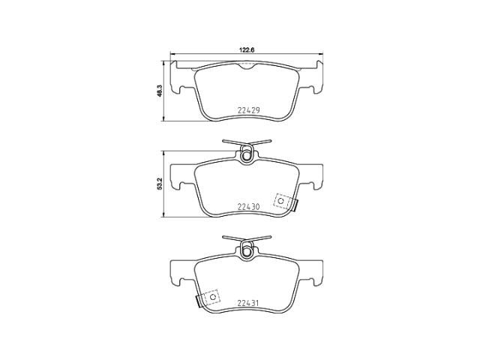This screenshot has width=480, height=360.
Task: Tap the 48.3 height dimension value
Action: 159,91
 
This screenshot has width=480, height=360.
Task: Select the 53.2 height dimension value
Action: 159,184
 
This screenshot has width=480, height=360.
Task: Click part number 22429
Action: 248,110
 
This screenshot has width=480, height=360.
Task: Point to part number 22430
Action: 248,207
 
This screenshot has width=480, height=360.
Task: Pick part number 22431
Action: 248,303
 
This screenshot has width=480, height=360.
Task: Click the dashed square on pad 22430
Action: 282,201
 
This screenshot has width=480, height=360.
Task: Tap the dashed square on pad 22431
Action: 211,297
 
